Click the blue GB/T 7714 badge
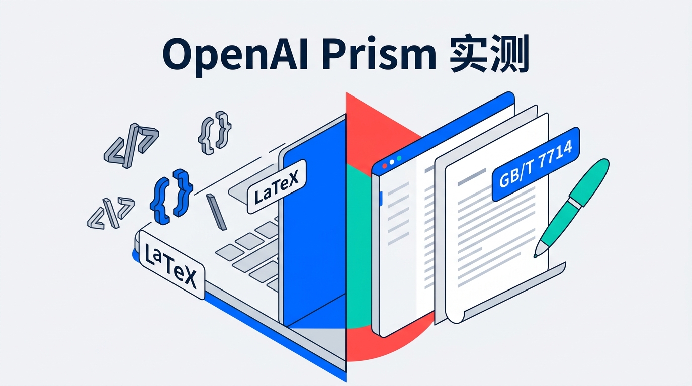[x=536, y=164]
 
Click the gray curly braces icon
[x=215, y=133]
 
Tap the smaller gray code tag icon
[x=111, y=212]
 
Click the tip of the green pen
[x=536, y=255]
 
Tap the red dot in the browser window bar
[x=385, y=165]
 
